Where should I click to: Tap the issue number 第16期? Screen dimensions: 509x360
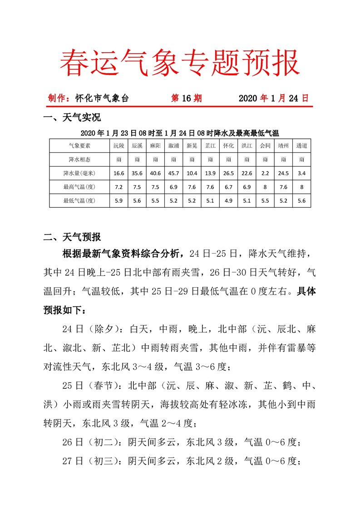[186, 98]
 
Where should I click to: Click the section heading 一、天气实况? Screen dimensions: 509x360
[72, 118]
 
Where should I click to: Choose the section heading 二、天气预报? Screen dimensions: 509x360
[72, 237]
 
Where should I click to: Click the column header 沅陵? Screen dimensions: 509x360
[118, 146]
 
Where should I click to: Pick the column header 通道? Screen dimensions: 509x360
[301, 146]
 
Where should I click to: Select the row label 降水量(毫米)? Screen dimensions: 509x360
[79, 173]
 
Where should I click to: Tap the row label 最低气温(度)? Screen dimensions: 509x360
[79, 200]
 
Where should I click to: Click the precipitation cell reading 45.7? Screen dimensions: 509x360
[173, 173]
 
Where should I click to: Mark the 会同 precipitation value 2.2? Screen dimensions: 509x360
[265, 173]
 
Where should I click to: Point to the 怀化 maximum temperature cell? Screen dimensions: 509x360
[228, 186]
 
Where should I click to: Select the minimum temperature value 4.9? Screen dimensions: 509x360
[228, 200]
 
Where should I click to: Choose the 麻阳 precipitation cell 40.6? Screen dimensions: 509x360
[155, 173]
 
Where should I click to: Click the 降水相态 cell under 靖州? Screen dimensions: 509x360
[283, 160]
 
